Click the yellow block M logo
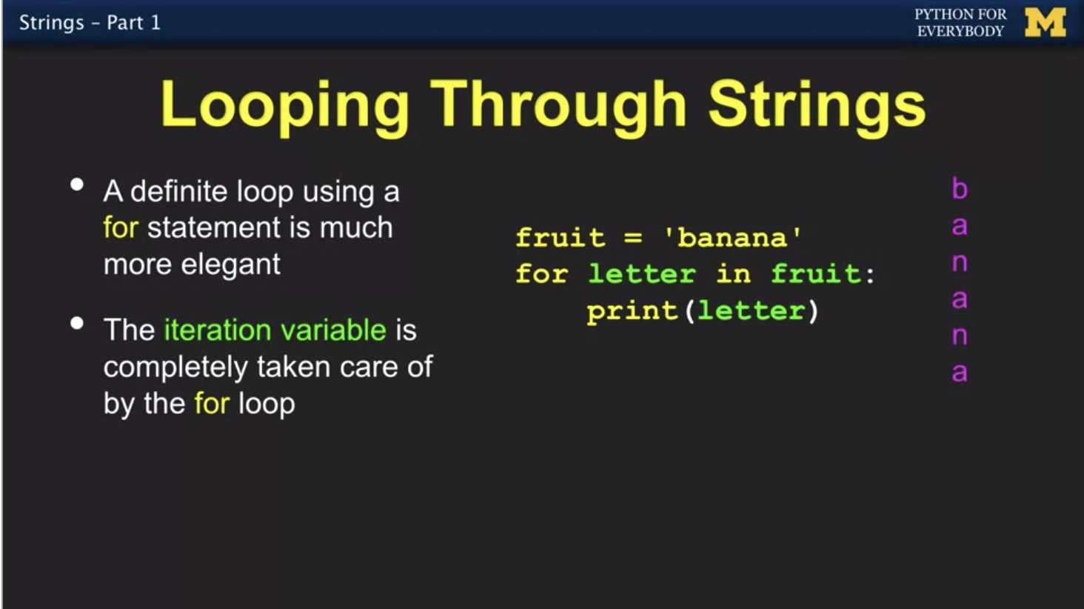click(x=1045, y=22)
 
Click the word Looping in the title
click(x=285, y=107)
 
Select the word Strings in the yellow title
click(x=817, y=107)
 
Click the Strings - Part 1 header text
click(x=90, y=23)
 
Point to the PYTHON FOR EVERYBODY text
click(x=960, y=22)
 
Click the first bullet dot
click(x=77, y=184)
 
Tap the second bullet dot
click(x=77, y=323)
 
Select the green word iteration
click(x=218, y=330)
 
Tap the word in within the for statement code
click(x=734, y=273)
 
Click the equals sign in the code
click(x=633, y=238)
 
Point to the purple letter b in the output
click(x=960, y=188)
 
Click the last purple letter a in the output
click(x=960, y=373)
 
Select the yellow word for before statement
click(x=121, y=227)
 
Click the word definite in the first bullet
click(x=179, y=191)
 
